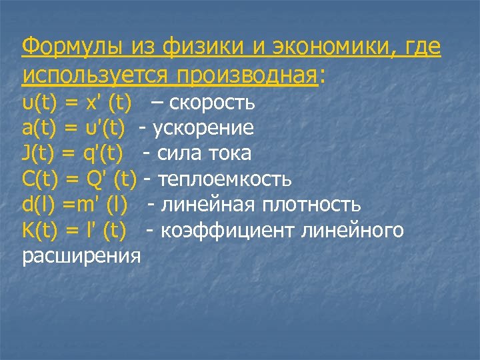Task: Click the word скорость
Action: tap(212, 103)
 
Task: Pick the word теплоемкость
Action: tap(225, 179)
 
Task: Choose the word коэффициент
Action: tap(229, 230)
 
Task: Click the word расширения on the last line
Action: tap(81, 256)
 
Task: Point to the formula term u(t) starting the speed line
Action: tap(39, 103)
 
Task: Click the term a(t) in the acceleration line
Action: tap(39, 129)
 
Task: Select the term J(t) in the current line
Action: tap(39, 154)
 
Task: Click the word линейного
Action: tap(353, 230)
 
